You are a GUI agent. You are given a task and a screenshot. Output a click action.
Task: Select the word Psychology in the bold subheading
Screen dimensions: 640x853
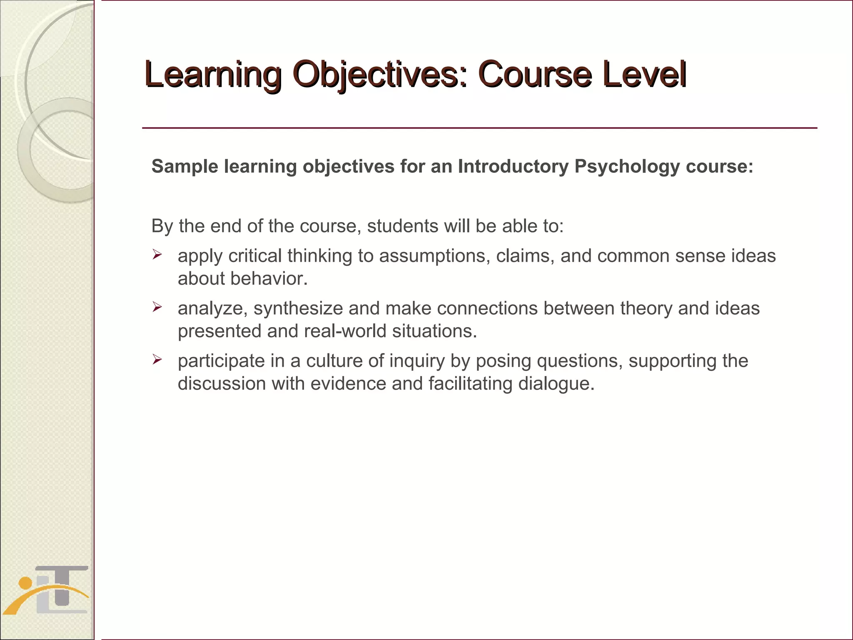tap(627, 166)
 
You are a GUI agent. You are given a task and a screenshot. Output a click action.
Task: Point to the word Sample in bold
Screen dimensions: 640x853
tap(185, 166)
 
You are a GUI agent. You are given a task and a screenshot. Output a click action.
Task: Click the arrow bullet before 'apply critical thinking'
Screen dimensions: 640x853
tap(157, 254)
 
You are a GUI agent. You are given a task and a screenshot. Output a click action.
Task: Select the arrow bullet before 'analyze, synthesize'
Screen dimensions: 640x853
tap(157, 307)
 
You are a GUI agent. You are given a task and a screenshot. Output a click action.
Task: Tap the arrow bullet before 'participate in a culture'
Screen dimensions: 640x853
tap(157, 359)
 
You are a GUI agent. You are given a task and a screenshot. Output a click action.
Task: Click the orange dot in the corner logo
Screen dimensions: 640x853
tap(25, 582)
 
